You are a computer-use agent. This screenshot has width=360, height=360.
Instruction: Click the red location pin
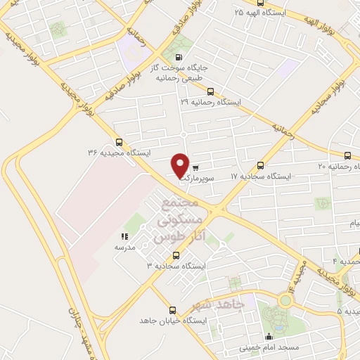(180, 165)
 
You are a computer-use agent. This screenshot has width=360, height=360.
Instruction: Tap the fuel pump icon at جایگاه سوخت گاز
(177, 58)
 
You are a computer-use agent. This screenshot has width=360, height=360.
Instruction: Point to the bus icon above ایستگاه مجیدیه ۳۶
(118, 141)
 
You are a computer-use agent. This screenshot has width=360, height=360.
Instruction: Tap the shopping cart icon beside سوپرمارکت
(195, 168)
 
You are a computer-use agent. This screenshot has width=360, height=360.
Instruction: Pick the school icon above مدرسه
(124, 237)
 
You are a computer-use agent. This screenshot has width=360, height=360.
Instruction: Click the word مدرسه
(124, 247)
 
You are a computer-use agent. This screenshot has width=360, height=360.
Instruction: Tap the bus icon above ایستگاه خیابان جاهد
(172, 309)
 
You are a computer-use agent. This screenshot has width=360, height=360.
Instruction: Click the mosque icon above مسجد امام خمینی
(268, 336)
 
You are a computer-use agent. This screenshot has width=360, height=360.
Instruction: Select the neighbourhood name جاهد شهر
(219, 305)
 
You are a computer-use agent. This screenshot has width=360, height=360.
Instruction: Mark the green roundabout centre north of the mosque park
(285, 300)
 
